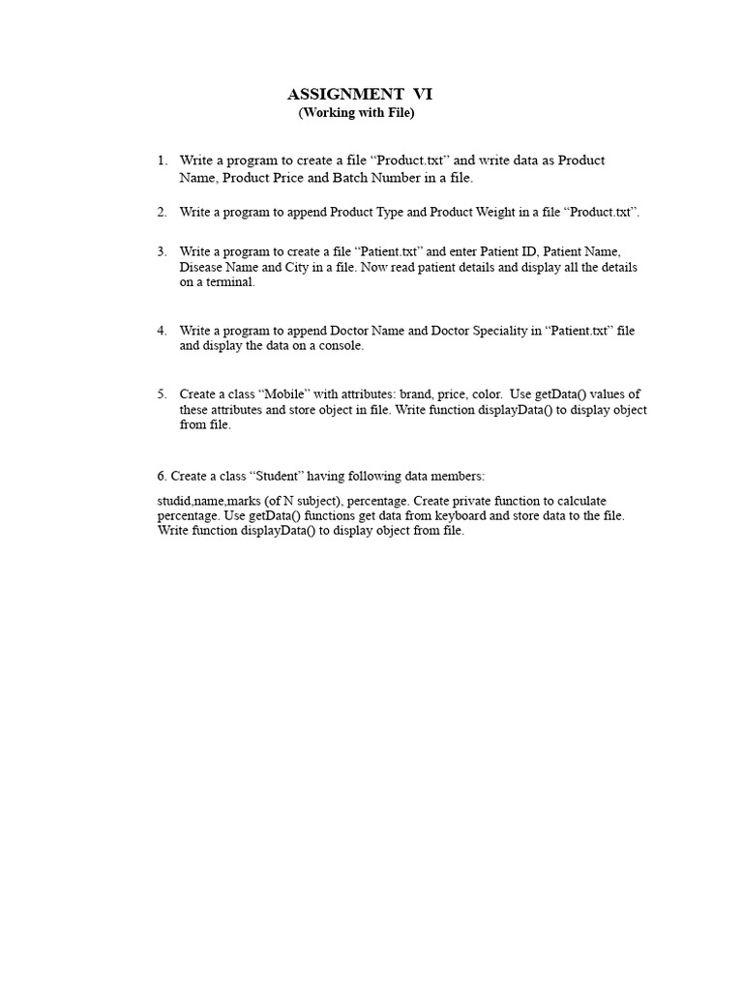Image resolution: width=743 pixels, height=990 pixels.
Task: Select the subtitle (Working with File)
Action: [x=356, y=113]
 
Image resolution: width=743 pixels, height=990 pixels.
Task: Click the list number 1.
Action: [x=162, y=160]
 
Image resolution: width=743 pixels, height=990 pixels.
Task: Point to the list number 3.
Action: [x=162, y=251]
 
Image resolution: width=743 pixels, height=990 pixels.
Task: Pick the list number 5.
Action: [x=162, y=394]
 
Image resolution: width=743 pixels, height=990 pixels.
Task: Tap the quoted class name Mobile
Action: [x=280, y=394]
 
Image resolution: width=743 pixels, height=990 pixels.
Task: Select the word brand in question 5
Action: [x=416, y=394]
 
